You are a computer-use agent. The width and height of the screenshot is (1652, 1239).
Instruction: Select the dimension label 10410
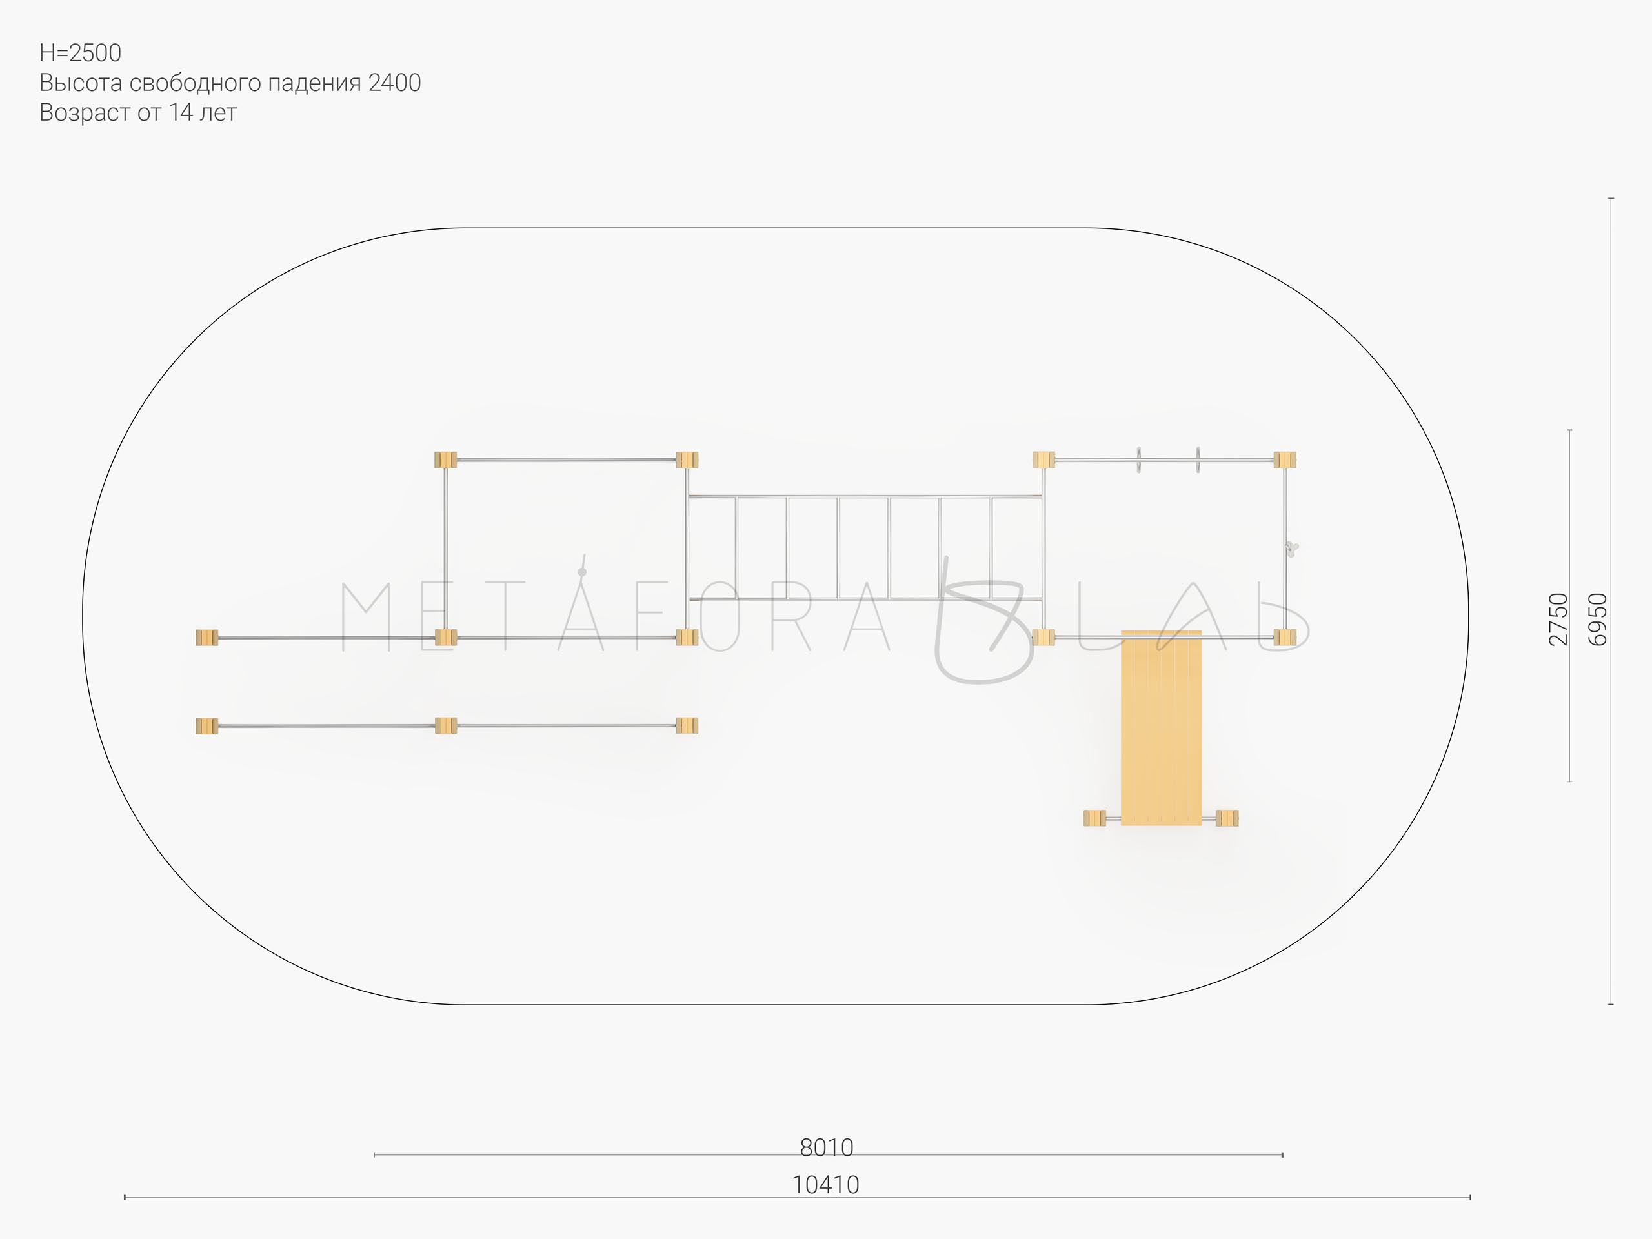coord(825,1185)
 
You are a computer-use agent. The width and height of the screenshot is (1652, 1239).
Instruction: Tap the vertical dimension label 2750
coord(1559,619)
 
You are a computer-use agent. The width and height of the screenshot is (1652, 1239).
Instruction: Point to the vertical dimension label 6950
coord(1597,619)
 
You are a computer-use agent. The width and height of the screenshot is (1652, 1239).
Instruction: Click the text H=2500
coord(80,53)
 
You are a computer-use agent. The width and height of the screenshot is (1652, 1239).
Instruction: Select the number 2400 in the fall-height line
coord(394,83)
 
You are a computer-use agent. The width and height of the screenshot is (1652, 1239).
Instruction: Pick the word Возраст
coord(85,114)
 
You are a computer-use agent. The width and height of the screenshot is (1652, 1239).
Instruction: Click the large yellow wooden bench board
coord(1162,727)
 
